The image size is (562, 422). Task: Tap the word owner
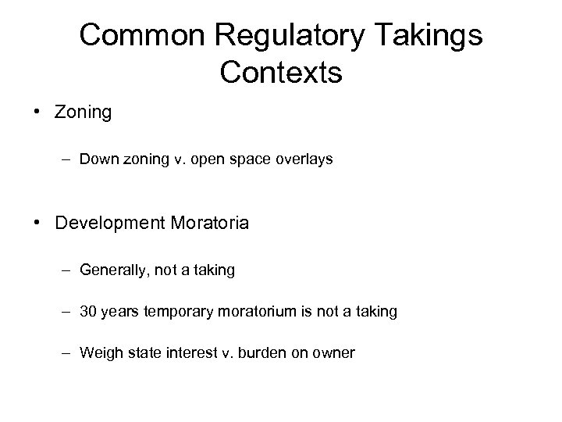coord(333,353)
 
